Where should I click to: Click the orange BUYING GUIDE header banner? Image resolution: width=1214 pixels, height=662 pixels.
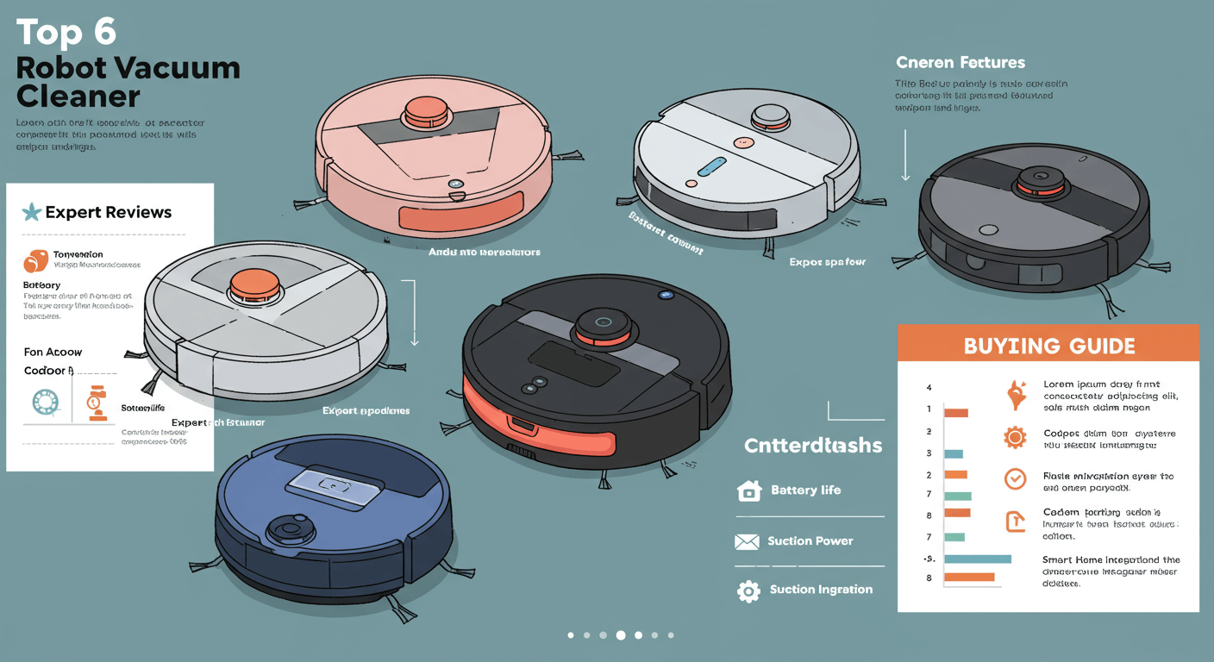(x=1048, y=346)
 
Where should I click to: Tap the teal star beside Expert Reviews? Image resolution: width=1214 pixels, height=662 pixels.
(x=31, y=212)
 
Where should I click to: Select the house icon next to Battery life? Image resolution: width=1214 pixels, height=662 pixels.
(x=749, y=490)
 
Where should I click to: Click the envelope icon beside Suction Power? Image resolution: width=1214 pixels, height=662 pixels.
(x=746, y=541)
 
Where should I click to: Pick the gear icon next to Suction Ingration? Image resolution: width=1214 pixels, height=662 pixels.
(x=748, y=590)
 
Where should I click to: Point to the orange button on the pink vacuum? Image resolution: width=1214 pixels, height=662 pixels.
(x=426, y=109)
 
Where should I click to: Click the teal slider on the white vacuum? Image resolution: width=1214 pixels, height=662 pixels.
(x=712, y=165)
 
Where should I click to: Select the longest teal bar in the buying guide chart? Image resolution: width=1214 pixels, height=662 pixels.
(x=977, y=559)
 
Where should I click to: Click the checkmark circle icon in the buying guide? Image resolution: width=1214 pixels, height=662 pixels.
(x=1016, y=478)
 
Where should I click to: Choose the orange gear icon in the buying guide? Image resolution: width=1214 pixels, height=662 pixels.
(x=1015, y=437)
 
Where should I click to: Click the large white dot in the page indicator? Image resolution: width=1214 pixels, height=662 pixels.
(x=620, y=635)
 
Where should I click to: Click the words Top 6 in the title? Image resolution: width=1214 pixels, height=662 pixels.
(x=66, y=33)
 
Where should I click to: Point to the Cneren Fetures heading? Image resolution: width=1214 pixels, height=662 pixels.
(x=960, y=63)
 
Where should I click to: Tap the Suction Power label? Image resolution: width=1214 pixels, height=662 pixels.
(x=810, y=541)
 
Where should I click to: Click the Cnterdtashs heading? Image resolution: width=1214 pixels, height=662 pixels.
(x=812, y=446)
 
